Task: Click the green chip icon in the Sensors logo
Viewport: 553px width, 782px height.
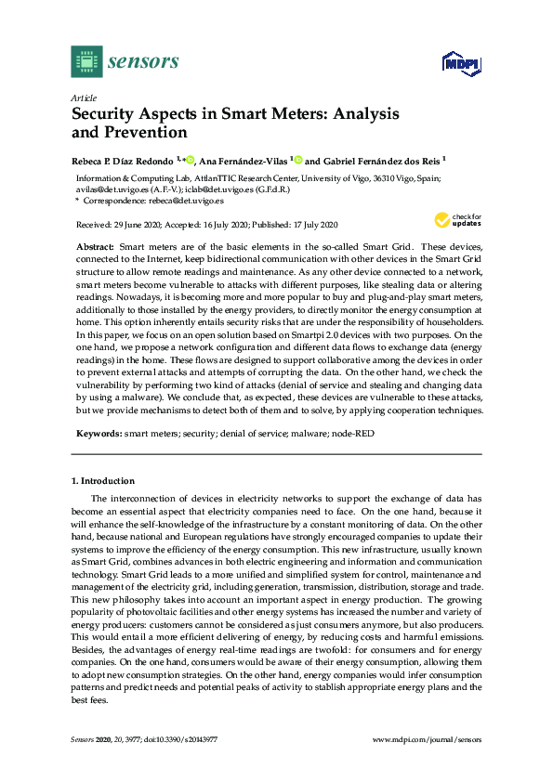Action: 86,62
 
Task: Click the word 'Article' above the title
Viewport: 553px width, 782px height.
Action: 81,98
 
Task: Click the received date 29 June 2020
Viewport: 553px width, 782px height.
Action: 133,226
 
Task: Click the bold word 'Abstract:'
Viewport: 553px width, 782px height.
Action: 94,246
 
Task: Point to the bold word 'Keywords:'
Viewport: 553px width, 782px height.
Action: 98,433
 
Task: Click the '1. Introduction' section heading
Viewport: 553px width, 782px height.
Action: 103,480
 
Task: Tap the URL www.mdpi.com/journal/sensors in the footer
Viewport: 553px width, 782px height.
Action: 427,739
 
